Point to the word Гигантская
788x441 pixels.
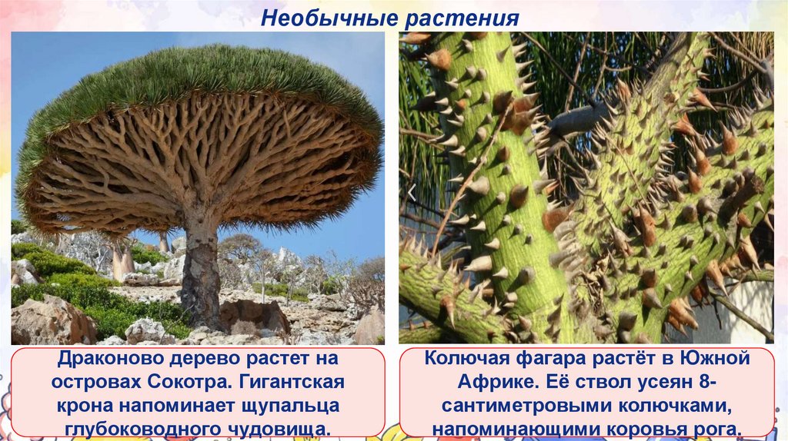click(292, 383)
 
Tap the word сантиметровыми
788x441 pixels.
click(519, 406)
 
